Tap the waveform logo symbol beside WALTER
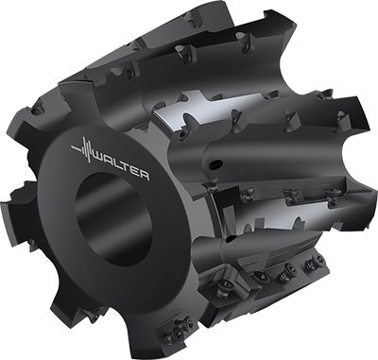point(83,148)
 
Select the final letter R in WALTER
point(144,175)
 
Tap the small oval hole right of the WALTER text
point(216,163)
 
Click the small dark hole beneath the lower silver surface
point(232,239)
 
